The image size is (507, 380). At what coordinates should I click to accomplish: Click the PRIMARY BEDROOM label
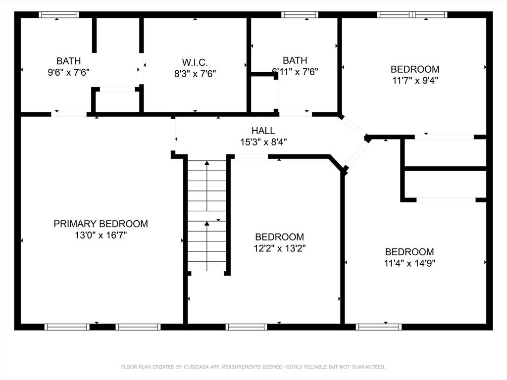coord(101,224)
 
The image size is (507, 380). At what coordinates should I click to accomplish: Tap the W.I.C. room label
coord(195,62)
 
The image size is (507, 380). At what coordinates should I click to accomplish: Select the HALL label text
coord(263,131)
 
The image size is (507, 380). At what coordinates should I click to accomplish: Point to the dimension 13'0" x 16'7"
coord(101,235)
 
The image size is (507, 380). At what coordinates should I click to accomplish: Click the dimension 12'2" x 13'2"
coord(280,248)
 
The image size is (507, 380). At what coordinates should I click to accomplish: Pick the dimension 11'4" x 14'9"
coord(409,263)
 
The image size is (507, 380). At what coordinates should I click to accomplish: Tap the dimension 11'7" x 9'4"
coord(415,80)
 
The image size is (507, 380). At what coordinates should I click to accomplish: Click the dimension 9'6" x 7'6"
coord(68,72)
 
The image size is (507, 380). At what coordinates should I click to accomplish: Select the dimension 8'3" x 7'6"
coord(195,74)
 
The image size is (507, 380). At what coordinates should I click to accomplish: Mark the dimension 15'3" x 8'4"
coord(263,142)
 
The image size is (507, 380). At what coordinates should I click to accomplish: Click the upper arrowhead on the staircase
coord(207,163)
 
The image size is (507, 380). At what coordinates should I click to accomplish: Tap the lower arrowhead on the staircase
coord(207,223)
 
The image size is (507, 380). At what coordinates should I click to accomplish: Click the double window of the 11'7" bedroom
coord(412,14)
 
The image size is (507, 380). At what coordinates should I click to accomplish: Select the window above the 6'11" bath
coord(300,14)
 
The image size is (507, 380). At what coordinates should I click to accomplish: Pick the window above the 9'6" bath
coord(59,14)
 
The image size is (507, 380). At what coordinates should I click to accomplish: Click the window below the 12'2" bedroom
coord(247,327)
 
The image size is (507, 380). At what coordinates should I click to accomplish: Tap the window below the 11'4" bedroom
coord(379,327)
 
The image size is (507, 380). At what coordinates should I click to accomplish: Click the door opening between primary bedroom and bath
coord(69,114)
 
